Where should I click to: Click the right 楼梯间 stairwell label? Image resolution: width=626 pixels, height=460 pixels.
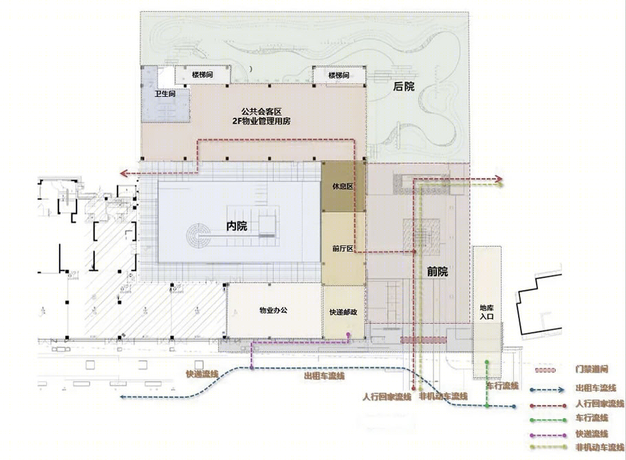click(x=338, y=75)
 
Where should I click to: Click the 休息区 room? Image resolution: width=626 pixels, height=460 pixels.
click(x=343, y=187)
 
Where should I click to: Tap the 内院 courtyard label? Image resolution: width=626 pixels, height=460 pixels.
click(x=236, y=226)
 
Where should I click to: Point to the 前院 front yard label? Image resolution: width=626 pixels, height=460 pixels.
click(x=437, y=272)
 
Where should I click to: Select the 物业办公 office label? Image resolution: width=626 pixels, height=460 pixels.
click(x=273, y=310)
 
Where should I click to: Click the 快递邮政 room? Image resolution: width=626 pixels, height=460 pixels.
click(x=343, y=312)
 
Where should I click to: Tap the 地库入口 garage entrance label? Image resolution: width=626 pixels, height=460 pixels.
click(x=488, y=312)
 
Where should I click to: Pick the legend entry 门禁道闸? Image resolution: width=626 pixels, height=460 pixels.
click(x=590, y=370)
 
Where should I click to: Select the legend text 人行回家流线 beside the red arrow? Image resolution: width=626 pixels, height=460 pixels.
click(x=598, y=403)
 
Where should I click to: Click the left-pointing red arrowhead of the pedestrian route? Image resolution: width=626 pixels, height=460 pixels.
click(x=122, y=173)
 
